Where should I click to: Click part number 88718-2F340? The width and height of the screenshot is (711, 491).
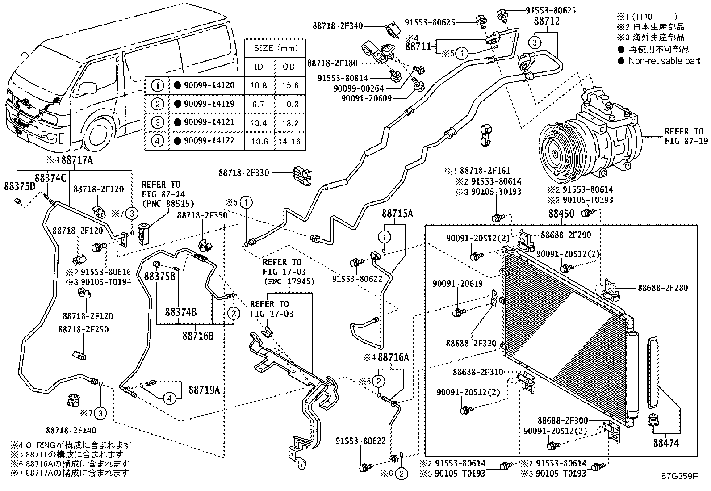click(338, 26)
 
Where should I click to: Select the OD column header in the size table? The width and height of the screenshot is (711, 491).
click(289, 67)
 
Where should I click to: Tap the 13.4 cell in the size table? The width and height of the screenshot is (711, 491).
click(259, 123)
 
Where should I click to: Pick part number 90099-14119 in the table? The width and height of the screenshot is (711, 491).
click(209, 104)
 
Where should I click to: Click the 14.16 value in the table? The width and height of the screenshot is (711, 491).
click(289, 141)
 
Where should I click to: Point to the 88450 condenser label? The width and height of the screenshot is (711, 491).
click(561, 214)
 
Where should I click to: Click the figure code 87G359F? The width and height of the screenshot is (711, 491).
click(680, 476)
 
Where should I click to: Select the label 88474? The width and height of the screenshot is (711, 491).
click(666, 443)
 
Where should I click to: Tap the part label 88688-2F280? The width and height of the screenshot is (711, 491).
click(663, 288)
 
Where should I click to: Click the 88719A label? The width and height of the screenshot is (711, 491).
click(204, 390)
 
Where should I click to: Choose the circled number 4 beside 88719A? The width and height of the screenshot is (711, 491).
click(170, 399)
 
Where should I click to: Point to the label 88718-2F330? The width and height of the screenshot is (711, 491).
click(243, 173)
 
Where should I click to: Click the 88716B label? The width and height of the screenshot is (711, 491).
click(198, 336)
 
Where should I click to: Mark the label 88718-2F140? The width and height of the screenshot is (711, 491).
click(71, 430)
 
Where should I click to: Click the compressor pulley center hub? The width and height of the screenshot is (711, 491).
click(556, 154)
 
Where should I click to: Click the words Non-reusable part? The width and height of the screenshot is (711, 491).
click(665, 61)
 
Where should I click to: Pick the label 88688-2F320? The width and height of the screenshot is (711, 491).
click(471, 343)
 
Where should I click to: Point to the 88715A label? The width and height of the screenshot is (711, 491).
click(397, 214)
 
